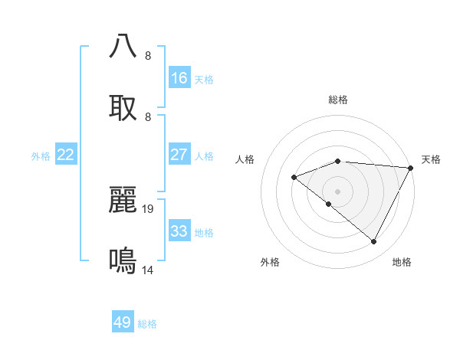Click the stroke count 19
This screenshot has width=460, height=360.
click(149, 208)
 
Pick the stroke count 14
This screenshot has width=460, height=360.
click(149, 270)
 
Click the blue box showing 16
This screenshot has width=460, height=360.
click(179, 78)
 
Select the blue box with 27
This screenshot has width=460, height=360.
click(179, 155)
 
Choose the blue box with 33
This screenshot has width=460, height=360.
click(179, 231)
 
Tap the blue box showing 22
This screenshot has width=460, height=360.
click(66, 155)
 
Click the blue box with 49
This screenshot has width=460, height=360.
click(123, 322)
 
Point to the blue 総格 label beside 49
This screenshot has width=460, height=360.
click(148, 324)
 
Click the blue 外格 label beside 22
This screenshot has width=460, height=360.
click(41, 156)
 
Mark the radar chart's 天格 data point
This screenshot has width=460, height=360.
click(410, 168)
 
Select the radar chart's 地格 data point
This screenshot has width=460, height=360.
click(374, 241)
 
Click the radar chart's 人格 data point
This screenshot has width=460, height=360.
click(294, 178)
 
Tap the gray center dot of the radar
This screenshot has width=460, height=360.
click(337, 191)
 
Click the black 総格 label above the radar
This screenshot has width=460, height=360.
click(338, 100)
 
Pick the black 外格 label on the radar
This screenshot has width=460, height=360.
click(270, 262)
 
